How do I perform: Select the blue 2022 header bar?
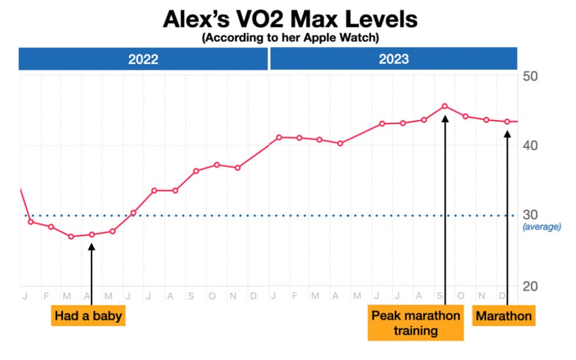click(143, 59)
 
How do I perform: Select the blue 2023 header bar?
click(393, 59)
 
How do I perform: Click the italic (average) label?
click(542, 227)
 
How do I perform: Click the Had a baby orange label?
click(88, 316)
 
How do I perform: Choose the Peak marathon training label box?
click(416, 322)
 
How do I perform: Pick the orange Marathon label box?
click(504, 316)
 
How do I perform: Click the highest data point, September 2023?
click(445, 106)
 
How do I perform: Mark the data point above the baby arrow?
click(92, 234)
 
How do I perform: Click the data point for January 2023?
click(279, 137)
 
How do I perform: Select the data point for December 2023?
click(507, 122)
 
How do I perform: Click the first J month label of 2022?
click(25, 295)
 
